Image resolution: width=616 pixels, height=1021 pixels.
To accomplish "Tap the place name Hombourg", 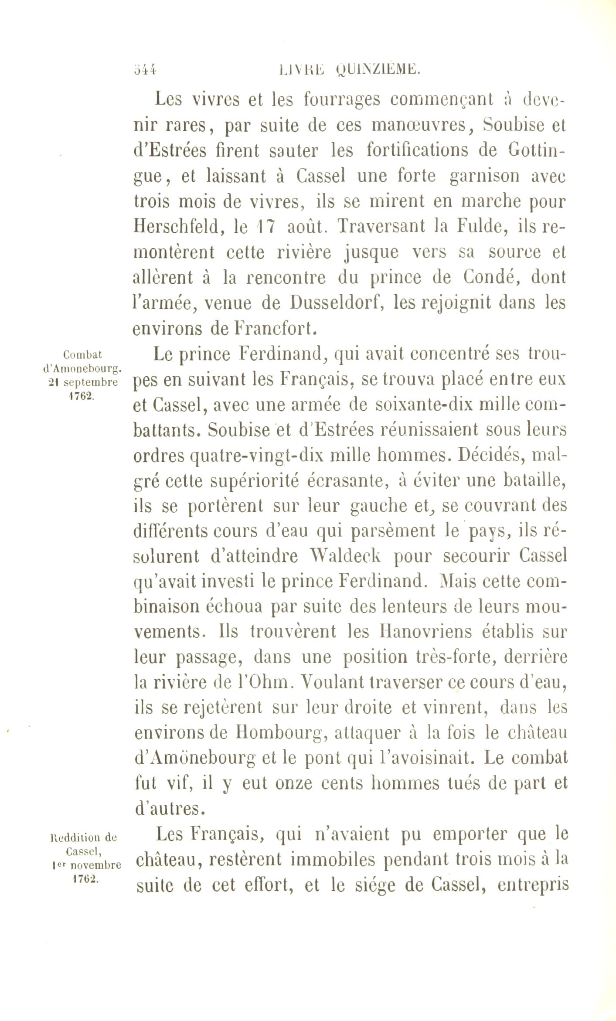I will [x=279, y=733].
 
